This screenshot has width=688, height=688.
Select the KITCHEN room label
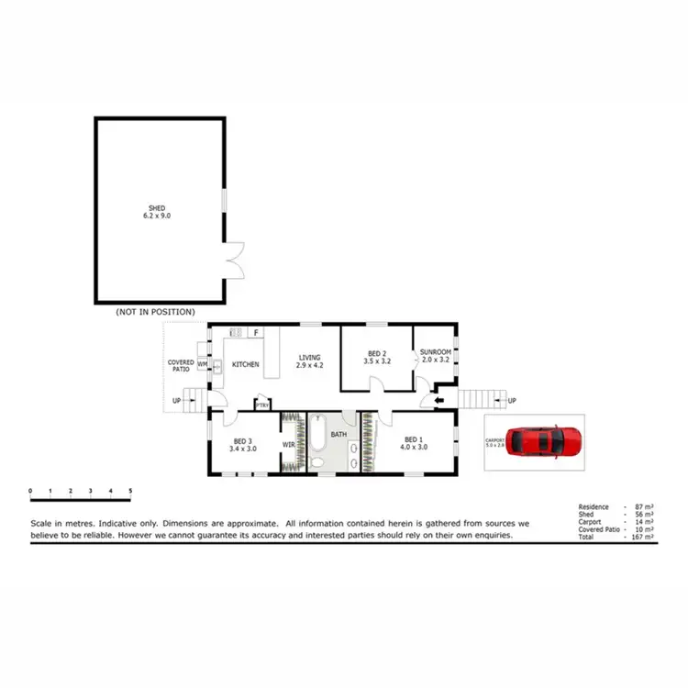(x=245, y=365)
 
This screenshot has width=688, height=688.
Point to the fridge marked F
(x=256, y=333)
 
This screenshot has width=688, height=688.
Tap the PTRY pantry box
(x=263, y=405)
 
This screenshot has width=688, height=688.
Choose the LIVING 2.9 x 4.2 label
(x=309, y=361)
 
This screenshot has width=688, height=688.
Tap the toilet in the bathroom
(x=316, y=464)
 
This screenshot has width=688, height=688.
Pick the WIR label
(x=287, y=444)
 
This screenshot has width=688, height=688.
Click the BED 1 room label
(x=416, y=443)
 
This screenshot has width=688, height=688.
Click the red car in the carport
(x=546, y=441)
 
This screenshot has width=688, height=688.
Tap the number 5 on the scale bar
(x=130, y=492)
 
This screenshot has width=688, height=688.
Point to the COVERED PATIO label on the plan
(x=180, y=365)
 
